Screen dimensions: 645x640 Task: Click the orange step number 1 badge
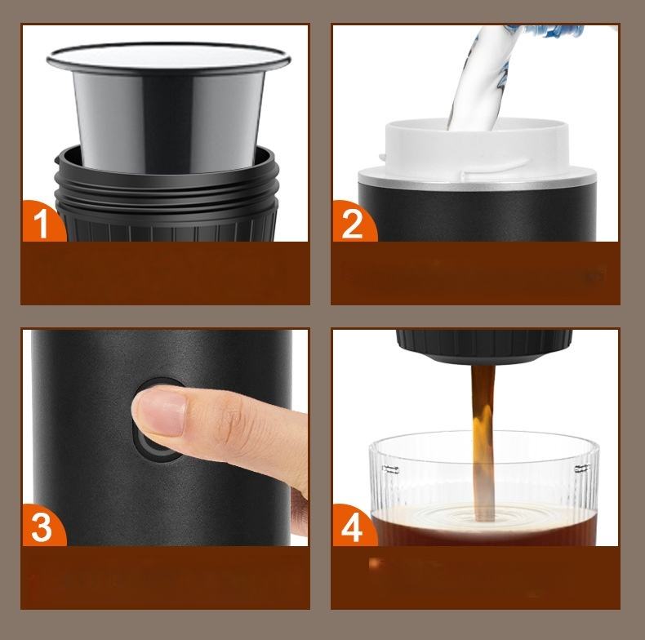tap(42, 222)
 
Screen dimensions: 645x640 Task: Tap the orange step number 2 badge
tap(353, 222)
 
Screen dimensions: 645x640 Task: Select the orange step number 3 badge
tap(42, 526)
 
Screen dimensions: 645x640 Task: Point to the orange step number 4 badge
tap(353, 527)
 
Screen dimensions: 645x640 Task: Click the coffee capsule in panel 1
tap(168, 107)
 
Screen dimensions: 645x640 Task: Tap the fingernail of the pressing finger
tap(163, 412)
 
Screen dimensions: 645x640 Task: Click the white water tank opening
tap(477, 150)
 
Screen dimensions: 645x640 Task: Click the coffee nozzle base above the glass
tap(483, 345)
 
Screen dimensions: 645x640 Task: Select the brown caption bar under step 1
tap(165, 273)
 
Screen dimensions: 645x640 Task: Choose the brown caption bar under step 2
tap(475, 273)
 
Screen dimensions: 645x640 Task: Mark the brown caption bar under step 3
tap(165, 577)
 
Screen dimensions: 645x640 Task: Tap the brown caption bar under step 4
tap(475, 577)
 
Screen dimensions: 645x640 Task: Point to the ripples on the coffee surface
tap(483, 515)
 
